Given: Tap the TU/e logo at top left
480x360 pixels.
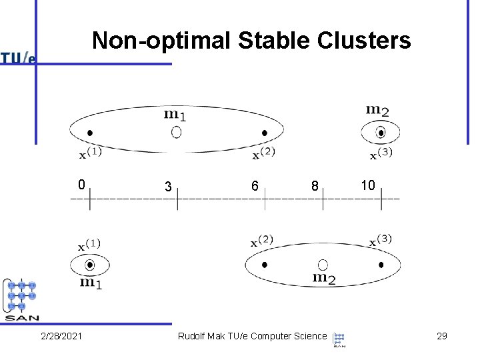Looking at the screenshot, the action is point(17,58).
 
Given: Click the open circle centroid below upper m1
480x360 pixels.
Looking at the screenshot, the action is point(176,133).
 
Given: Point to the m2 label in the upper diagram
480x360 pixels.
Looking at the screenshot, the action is point(378,109).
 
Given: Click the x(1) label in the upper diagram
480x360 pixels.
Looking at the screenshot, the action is point(91,154).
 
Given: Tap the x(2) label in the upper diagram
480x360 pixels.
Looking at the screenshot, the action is point(264,154).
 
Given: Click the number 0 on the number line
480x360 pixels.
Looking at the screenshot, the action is point(81,184).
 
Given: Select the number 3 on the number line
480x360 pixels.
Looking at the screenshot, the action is point(169,187).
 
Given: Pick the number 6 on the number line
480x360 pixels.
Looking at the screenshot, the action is point(255,187).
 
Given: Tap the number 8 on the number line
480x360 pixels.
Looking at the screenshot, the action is point(313,187).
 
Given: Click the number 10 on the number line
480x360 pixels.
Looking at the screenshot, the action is point(368,185).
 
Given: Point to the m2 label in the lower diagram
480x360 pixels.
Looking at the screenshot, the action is point(324,278).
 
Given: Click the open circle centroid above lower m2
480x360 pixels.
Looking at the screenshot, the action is point(323,265).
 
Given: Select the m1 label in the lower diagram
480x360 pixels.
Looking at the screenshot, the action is point(90,283).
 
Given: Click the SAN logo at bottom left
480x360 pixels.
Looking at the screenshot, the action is point(22,299).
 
